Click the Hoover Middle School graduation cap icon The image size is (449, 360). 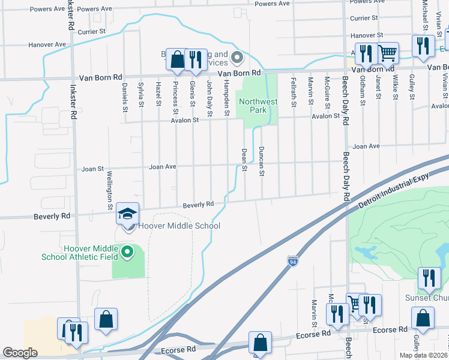pos(128,214)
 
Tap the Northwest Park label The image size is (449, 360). pos(258,106)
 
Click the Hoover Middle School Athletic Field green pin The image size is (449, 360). pos(127,253)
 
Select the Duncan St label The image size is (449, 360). pos(262,161)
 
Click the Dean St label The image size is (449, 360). pos(244,160)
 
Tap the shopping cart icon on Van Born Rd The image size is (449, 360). pos(388,53)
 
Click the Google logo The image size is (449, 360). pos(20,353)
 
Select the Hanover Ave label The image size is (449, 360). pos(47,44)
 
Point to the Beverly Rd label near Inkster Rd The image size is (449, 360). pos(52,216)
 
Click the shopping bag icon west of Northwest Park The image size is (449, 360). pos(177,59)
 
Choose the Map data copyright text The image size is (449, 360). pos(424,355)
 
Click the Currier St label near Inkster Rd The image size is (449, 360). pos(92,30)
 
